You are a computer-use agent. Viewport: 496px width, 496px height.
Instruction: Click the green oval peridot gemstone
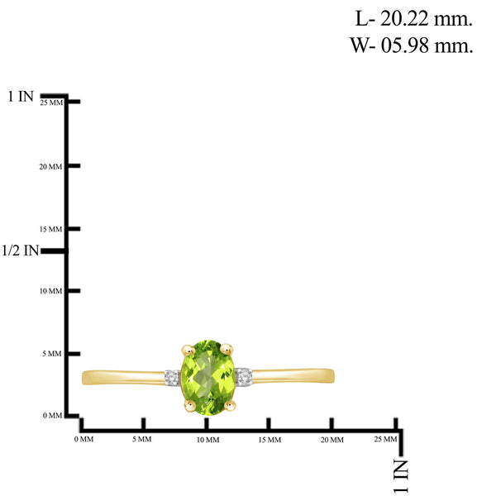pyautogui.click(x=207, y=378)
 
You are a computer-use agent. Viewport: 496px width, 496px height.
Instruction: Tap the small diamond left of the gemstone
pyautogui.click(x=173, y=378)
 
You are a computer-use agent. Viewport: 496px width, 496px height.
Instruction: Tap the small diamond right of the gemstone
pyautogui.click(x=244, y=376)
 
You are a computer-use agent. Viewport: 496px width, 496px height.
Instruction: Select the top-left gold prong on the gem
pyautogui.click(x=188, y=351)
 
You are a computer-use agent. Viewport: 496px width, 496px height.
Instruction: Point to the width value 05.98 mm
pyautogui.click(x=427, y=45)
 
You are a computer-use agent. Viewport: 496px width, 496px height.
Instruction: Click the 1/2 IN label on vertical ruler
pyautogui.click(x=20, y=250)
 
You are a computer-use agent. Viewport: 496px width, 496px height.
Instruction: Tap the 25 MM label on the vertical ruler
pyautogui.click(x=51, y=103)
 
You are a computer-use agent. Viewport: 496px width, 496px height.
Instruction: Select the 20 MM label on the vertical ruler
pyautogui.click(x=50, y=167)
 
